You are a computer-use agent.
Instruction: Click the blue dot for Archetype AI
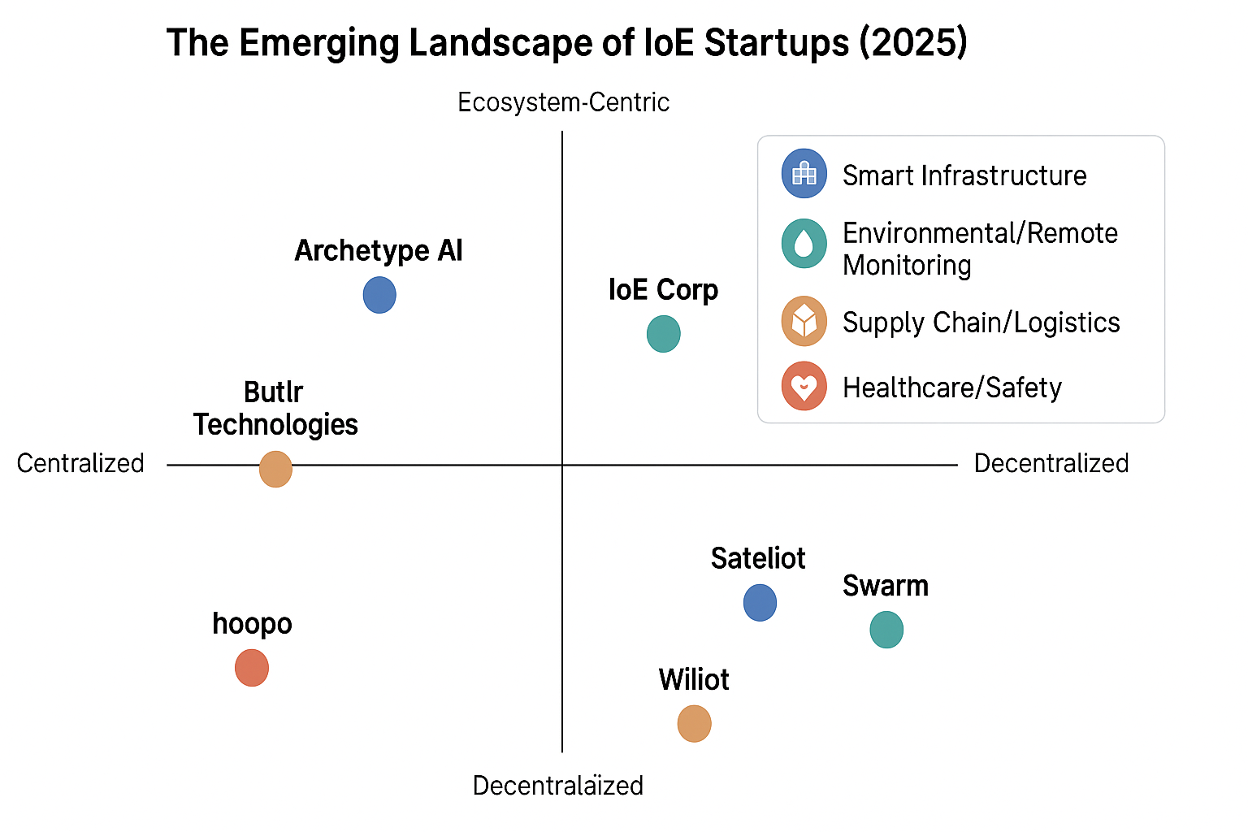coord(379,295)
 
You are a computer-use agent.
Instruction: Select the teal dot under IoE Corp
coord(664,334)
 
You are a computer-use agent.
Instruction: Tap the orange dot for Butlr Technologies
coord(275,470)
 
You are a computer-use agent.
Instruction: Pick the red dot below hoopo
coord(252,668)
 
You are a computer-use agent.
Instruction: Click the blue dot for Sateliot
coord(760,602)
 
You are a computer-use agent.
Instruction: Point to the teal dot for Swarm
coord(886,630)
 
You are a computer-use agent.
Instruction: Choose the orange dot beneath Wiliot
coord(694,723)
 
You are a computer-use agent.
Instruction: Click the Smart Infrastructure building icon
coord(804,173)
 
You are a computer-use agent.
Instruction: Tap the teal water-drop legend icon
coord(804,244)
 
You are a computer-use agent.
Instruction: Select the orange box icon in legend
coord(804,321)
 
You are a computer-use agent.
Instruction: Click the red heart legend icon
coord(804,386)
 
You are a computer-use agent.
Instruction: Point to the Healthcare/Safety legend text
coord(952,388)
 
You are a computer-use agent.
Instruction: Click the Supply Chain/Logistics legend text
coord(981,323)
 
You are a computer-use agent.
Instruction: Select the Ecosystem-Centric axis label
coord(563,102)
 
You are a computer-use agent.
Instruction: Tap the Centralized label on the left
coord(80,464)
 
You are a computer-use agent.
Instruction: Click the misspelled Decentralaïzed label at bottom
coord(557,786)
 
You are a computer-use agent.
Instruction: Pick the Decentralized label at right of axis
coord(1051,464)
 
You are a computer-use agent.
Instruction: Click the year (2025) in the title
coord(914,43)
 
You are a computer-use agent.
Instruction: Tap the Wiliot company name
coord(694,680)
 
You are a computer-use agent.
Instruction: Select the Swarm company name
coord(886,587)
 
